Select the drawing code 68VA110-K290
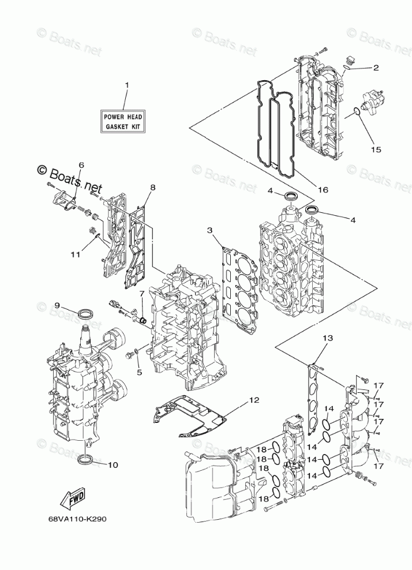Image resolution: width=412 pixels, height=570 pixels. pyautogui.click(x=77, y=517)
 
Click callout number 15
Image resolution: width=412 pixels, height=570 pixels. pyautogui.click(x=376, y=150)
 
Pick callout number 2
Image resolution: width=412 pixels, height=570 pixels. pyautogui.click(x=376, y=68)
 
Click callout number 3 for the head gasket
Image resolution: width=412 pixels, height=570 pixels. pyautogui.click(x=210, y=231)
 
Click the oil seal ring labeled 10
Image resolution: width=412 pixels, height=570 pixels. pyautogui.click(x=86, y=460)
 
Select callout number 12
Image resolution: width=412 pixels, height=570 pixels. pyautogui.click(x=254, y=399)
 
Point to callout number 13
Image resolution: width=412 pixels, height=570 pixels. pyautogui.click(x=328, y=338)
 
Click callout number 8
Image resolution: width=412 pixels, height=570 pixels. pyautogui.click(x=153, y=187)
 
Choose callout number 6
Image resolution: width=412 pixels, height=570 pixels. pyautogui.click(x=81, y=166)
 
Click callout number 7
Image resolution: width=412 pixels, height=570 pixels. pyautogui.click(x=141, y=294)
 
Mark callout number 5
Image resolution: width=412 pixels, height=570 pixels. pyautogui.click(x=139, y=372)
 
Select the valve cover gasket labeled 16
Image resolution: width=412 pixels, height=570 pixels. pyautogui.click(x=278, y=130)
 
